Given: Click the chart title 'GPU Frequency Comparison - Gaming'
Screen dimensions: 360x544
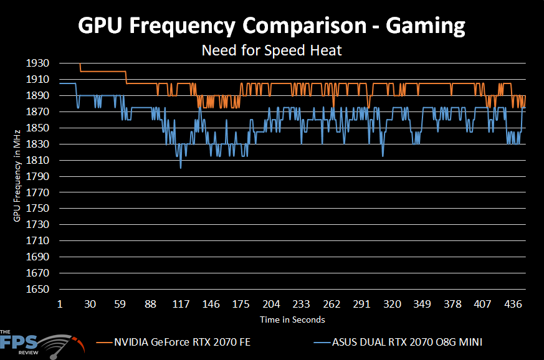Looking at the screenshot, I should click(272, 26).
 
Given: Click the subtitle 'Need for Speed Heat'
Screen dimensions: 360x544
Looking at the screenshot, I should click(272, 50).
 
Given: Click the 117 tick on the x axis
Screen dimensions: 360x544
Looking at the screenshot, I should click(181, 305).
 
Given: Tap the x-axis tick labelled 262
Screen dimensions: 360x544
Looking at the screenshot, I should click(332, 305).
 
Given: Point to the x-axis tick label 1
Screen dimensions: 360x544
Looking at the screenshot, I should click(60, 305).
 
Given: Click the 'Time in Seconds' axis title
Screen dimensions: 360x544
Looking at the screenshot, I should click(292, 320).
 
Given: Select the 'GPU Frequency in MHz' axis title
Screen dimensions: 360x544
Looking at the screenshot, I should click(17, 175).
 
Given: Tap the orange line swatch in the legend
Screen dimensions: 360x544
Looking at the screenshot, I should click(104, 342).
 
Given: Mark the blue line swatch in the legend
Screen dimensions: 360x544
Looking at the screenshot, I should click(322, 342).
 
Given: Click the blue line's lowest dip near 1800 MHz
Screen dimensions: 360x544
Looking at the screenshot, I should click(181, 168).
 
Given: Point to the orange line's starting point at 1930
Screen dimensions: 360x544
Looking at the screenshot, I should click(79, 64).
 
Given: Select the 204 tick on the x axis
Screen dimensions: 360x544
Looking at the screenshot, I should click(271, 305).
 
